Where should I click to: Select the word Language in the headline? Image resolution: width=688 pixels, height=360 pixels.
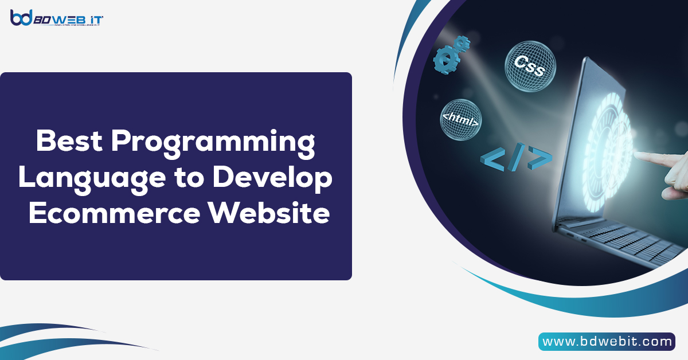(x=79, y=178)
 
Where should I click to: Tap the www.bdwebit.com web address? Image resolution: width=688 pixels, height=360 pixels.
(x=607, y=342)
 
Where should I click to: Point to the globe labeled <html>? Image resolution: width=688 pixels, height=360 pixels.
(x=461, y=119)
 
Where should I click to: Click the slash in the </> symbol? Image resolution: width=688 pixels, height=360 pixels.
(x=515, y=159)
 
